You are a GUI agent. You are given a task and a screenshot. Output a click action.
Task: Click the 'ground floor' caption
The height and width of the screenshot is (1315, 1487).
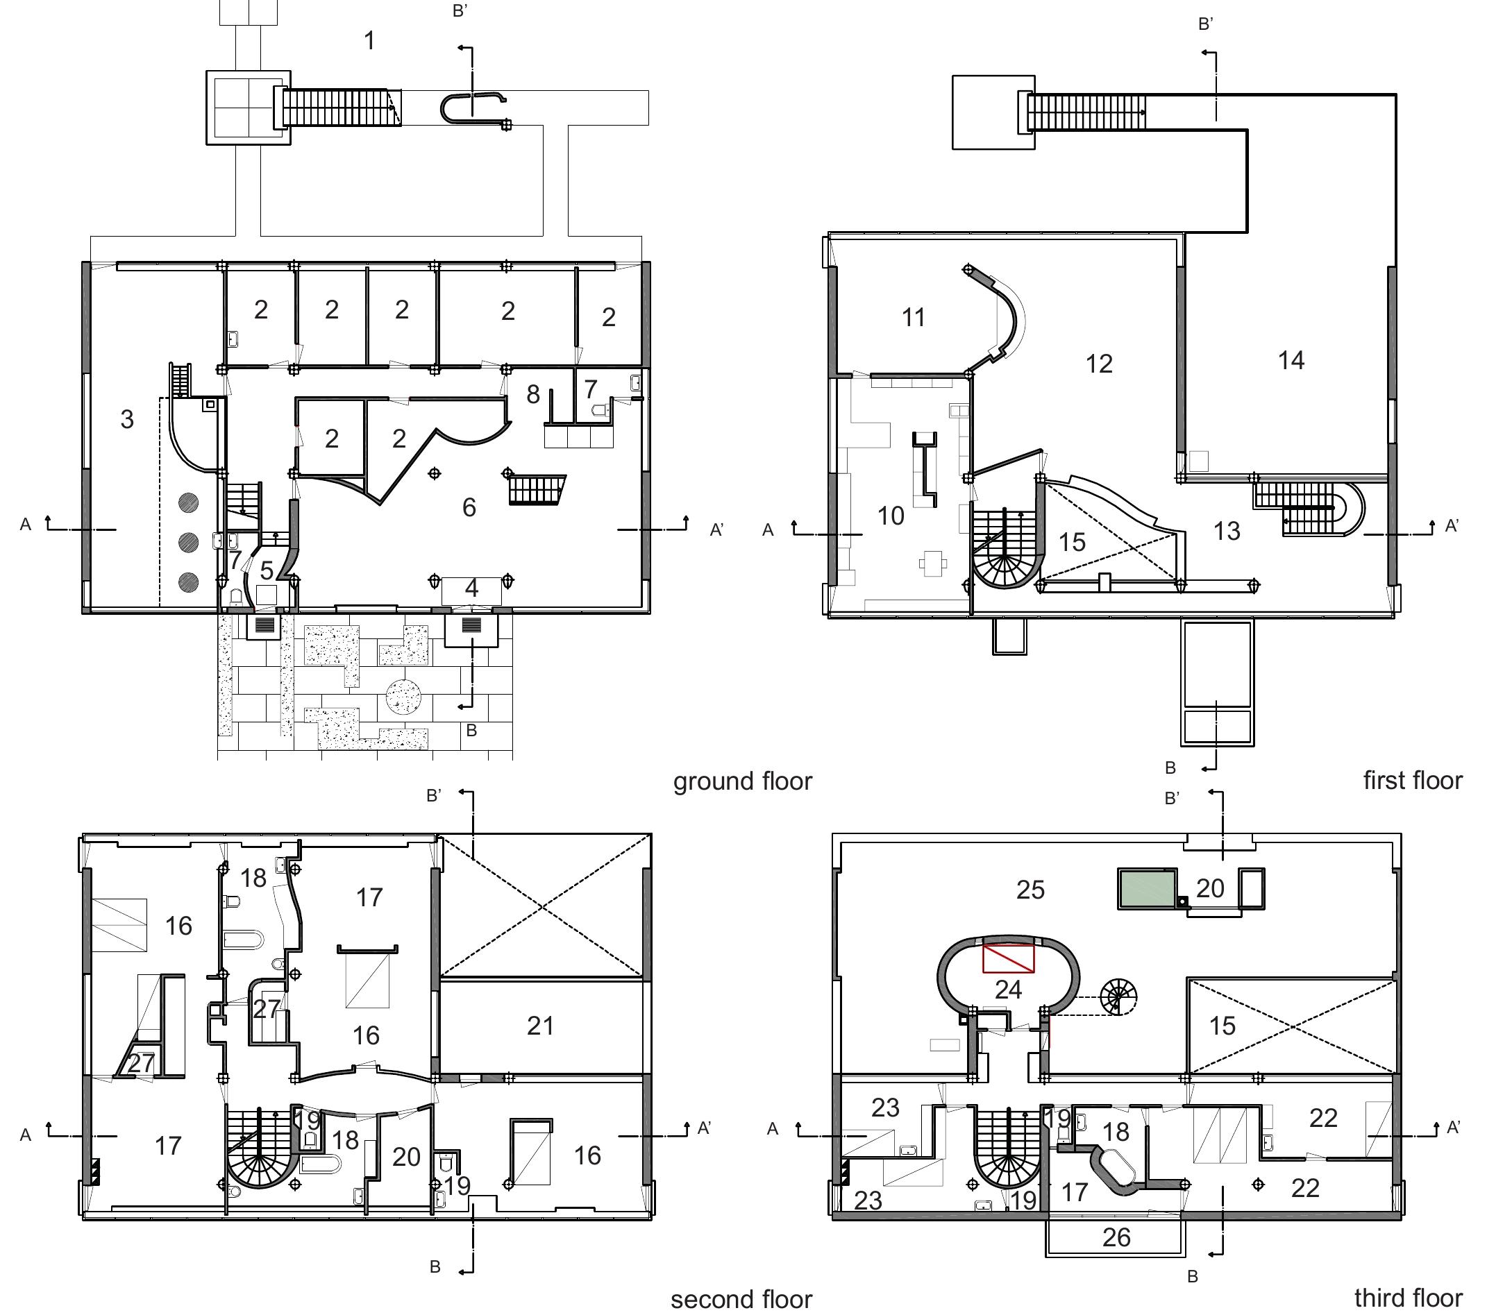(x=742, y=782)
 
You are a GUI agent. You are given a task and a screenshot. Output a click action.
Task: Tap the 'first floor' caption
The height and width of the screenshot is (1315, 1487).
(x=1413, y=781)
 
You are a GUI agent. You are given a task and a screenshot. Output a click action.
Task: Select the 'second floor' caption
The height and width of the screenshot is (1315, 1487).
(x=741, y=1299)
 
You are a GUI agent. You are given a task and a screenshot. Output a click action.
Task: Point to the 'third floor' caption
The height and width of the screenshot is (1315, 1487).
(x=1409, y=1298)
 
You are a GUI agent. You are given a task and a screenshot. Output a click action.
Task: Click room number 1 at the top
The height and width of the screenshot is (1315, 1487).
(x=369, y=41)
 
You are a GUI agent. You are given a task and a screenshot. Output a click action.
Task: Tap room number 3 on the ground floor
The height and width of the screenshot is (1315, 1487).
(x=127, y=419)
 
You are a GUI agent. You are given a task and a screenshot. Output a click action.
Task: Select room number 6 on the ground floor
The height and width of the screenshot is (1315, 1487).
(x=469, y=507)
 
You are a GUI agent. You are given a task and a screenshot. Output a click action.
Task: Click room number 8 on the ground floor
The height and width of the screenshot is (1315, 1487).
(x=533, y=394)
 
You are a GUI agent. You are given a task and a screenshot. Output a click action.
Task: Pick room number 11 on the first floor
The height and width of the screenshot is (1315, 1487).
(x=914, y=317)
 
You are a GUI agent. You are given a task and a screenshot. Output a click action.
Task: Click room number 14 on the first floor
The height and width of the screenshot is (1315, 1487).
(x=1291, y=360)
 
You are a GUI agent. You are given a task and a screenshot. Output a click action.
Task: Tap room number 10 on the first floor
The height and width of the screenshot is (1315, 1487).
(x=891, y=516)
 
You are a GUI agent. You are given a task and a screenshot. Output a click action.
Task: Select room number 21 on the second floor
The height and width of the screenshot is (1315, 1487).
(x=541, y=1026)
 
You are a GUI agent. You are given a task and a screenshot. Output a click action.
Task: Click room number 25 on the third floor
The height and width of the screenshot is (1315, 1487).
(x=1031, y=890)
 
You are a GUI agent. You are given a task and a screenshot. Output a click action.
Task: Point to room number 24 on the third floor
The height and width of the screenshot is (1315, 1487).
(x=1008, y=989)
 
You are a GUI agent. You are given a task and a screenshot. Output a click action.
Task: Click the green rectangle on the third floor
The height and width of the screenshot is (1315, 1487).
(x=1148, y=888)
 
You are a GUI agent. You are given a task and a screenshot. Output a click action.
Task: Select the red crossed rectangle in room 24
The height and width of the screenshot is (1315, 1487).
(x=1008, y=958)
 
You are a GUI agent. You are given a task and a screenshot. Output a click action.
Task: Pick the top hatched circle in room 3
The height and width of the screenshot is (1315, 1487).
(x=188, y=502)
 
